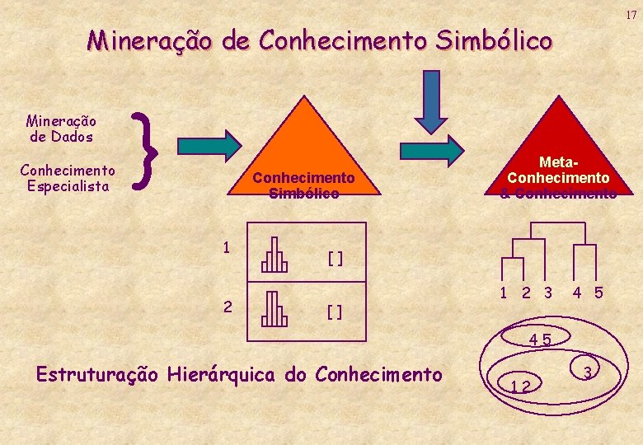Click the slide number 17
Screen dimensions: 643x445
pos(630,15)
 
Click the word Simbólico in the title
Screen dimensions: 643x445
pos(495,40)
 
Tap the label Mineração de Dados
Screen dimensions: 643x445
pos(61,129)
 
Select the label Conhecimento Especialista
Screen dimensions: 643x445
pos(67,178)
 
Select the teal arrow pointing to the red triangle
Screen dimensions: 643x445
pos(432,150)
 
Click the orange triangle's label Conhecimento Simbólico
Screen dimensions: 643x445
pos(303,185)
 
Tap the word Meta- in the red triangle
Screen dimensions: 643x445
pos(559,162)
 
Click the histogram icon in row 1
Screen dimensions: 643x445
pos(275,255)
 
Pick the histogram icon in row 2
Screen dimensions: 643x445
pos(275,310)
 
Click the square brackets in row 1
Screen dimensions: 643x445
pos(335,259)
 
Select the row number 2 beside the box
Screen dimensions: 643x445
pos(227,306)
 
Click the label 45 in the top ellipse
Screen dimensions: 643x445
pos(541,340)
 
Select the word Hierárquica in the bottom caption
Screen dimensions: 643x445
pos(222,375)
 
